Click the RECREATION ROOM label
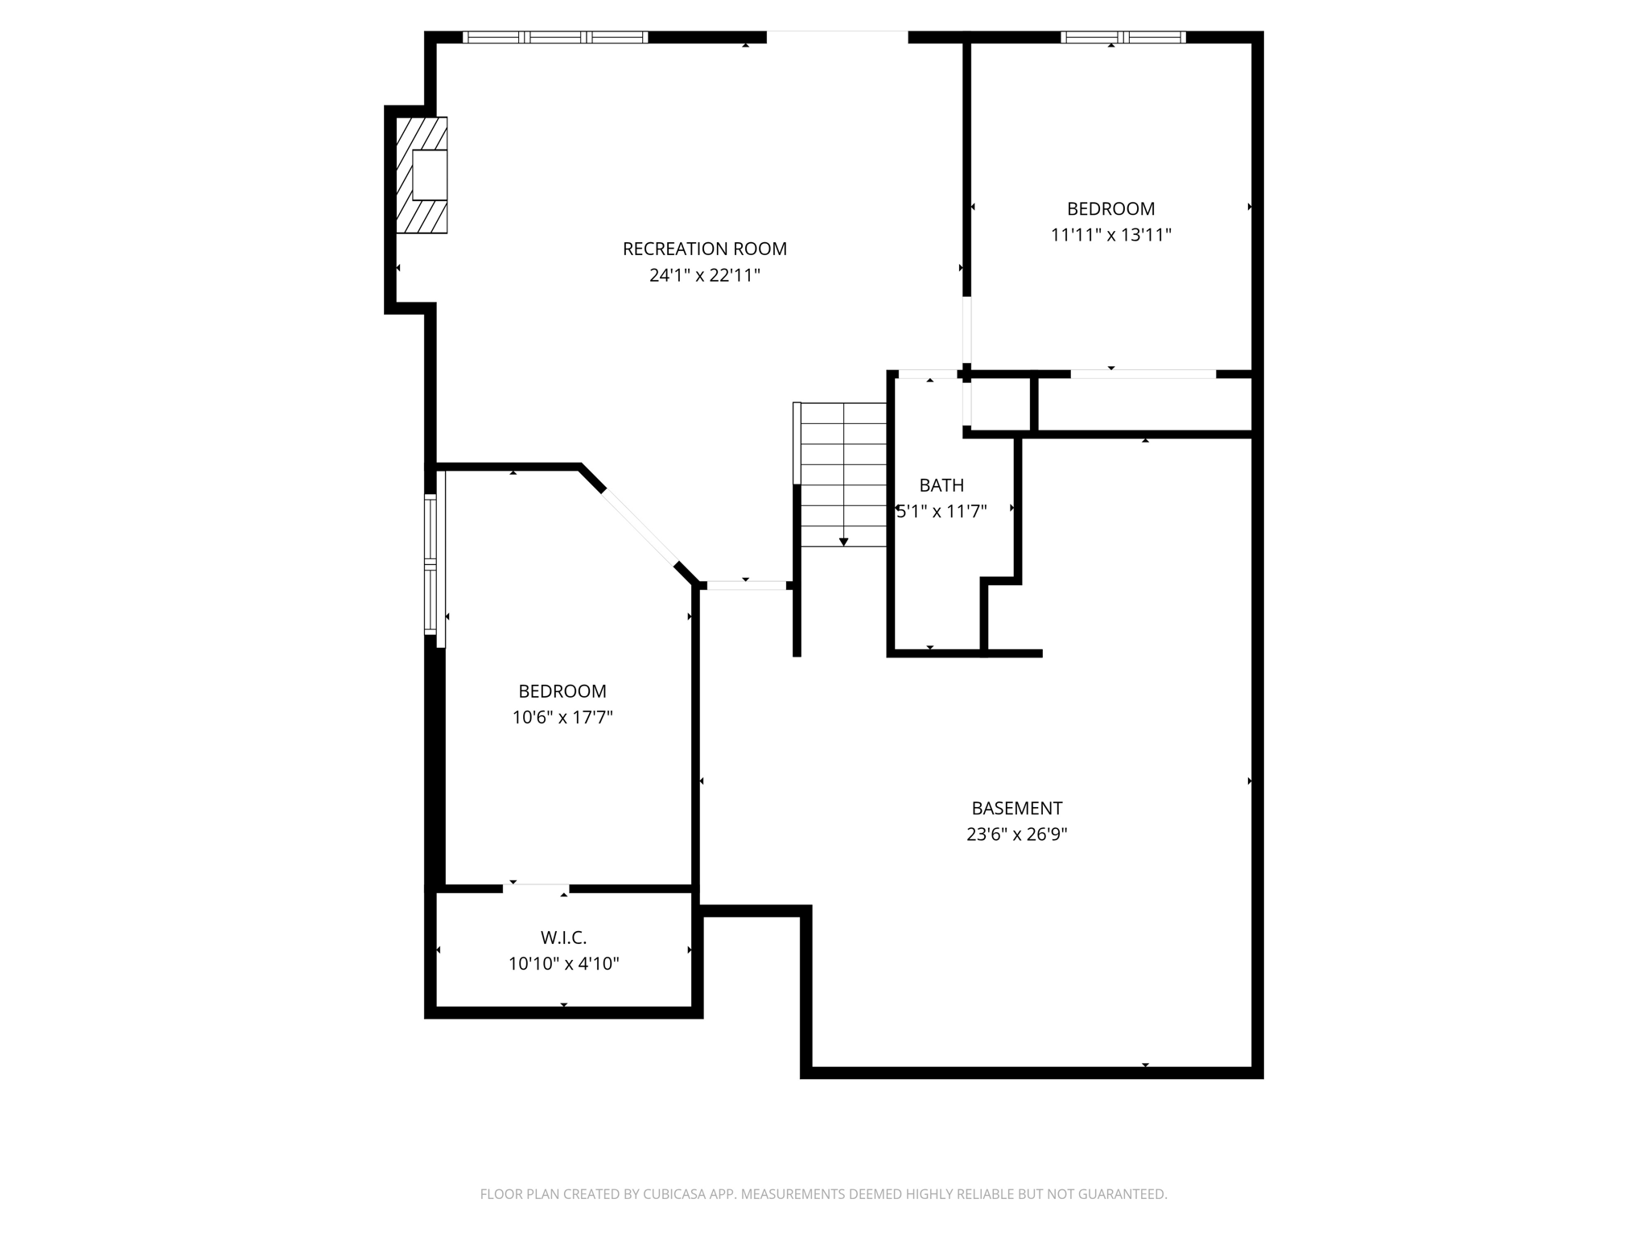click(x=704, y=249)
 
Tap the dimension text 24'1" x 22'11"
click(x=704, y=275)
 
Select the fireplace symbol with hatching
click(x=422, y=175)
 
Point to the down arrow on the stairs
click(x=843, y=542)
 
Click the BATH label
click(x=941, y=485)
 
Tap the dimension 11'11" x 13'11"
click(x=1110, y=235)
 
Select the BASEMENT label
click(x=1016, y=808)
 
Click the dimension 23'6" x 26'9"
click(x=1016, y=834)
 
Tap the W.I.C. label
click(x=563, y=937)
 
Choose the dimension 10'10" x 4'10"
click(x=563, y=964)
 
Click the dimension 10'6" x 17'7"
click(x=562, y=717)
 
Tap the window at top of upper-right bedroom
click(x=1123, y=37)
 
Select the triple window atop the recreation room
click(x=555, y=37)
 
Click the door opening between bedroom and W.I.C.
click(x=537, y=888)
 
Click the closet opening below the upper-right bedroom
click(x=1143, y=374)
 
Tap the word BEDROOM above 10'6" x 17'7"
click(x=562, y=690)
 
